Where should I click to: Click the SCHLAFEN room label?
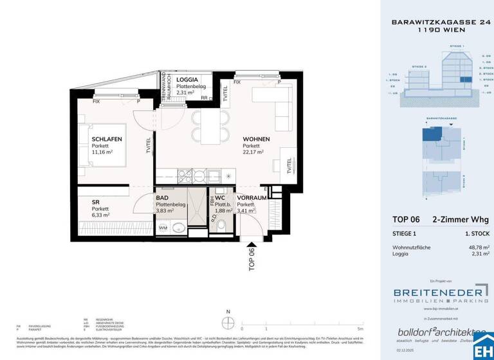coord(107,139)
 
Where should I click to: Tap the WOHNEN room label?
coord(256,139)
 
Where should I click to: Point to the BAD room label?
coord(161,198)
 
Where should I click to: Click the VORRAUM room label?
coord(252,198)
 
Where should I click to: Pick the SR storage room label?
coord(95,202)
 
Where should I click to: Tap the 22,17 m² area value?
coord(253,152)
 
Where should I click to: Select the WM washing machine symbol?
coord(163,227)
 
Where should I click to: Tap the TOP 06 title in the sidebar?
coord(406,220)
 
